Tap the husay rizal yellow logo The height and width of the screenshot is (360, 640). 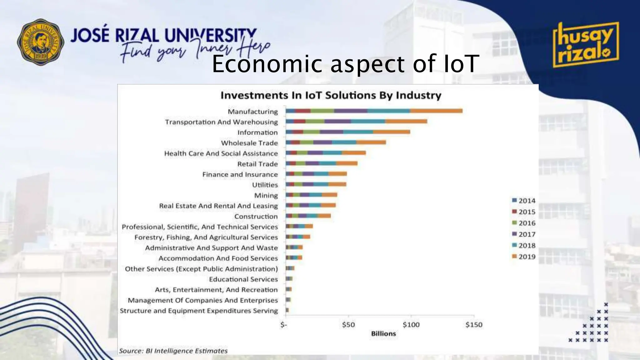585,45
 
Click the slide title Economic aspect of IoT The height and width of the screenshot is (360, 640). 345,64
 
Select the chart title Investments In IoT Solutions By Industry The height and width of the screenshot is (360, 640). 331,95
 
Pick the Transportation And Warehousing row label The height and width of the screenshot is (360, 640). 221,122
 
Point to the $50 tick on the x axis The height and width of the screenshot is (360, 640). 348,325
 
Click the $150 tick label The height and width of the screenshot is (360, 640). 474,325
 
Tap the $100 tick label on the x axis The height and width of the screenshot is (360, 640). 411,325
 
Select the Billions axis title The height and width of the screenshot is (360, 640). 383,334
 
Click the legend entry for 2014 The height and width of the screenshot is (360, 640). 524,201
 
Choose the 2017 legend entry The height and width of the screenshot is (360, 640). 524,234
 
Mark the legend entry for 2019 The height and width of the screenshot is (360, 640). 524,257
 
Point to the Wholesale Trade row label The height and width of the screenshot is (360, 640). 249,143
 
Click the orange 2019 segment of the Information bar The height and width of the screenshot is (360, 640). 391,132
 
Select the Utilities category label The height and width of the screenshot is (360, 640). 265,185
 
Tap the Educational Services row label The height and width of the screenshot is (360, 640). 243,279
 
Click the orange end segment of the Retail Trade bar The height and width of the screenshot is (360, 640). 347,163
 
